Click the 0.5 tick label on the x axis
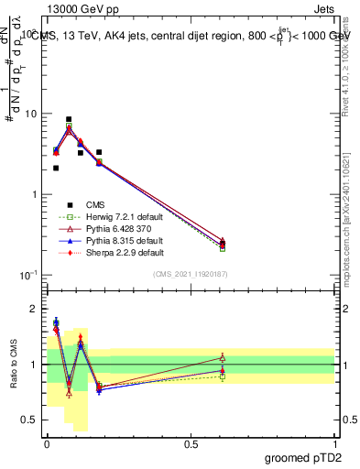[x=191, y=443]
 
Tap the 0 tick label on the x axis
[x=47, y=443]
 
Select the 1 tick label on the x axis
[x=334, y=443]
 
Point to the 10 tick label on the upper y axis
[x=31, y=115]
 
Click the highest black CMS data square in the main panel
[x=69, y=119]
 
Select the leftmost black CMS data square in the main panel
[x=56, y=168]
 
